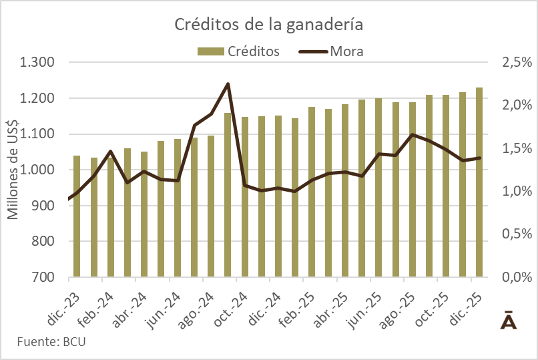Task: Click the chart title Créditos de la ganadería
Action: tap(268, 25)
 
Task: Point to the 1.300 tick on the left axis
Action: tap(38, 63)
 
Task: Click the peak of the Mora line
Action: tap(228, 84)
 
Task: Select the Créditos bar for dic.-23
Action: tap(77, 217)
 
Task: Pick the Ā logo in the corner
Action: tap(508, 320)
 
